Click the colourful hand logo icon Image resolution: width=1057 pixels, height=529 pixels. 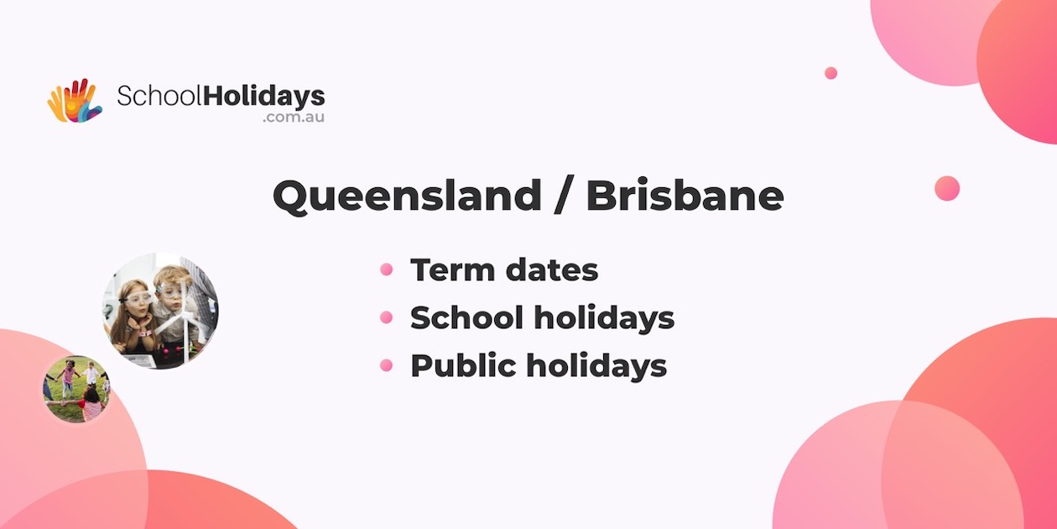click(x=75, y=101)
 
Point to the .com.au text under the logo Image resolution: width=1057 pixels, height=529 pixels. click(x=293, y=118)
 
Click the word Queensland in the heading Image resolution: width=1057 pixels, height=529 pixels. click(x=407, y=196)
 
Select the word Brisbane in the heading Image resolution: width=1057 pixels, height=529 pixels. click(x=685, y=196)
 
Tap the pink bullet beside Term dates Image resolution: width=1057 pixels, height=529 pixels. click(x=387, y=270)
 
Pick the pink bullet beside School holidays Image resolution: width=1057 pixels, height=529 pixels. click(x=387, y=317)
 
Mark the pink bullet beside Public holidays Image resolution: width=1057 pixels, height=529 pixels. click(x=387, y=365)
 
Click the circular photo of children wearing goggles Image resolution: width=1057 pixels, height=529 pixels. click(x=160, y=310)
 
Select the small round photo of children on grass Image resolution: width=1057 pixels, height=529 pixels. click(x=76, y=389)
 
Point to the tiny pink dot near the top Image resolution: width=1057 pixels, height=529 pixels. click(x=830, y=73)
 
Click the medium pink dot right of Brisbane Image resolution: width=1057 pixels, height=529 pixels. click(x=947, y=188)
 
